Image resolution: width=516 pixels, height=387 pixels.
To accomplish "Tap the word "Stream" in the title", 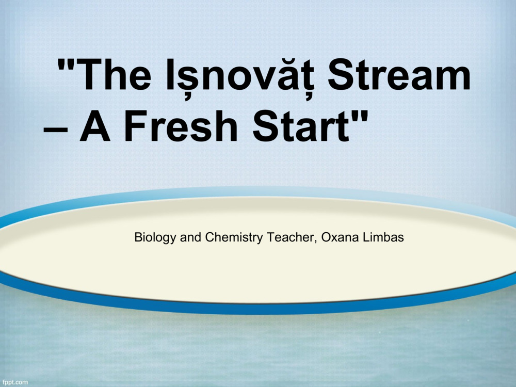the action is pyautogui.click(x=399, y=75).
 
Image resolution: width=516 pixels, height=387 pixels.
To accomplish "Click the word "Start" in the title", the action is pyautogui.click(x=301, y=126).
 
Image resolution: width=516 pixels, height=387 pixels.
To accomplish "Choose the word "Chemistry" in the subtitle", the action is pyautogui.click(x=234, y=237).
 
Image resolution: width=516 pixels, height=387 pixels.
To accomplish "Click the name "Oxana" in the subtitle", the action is pyautogui.click(x=340, y=237).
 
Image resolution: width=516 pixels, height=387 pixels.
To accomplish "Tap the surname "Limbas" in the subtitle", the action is pyautogui.click(x=383, y=237).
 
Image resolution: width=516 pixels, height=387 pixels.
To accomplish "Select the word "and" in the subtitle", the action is pyautogui.click(x=190, y=237).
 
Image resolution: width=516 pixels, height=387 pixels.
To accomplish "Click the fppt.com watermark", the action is pyautogui.click(x=14, y=382).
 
